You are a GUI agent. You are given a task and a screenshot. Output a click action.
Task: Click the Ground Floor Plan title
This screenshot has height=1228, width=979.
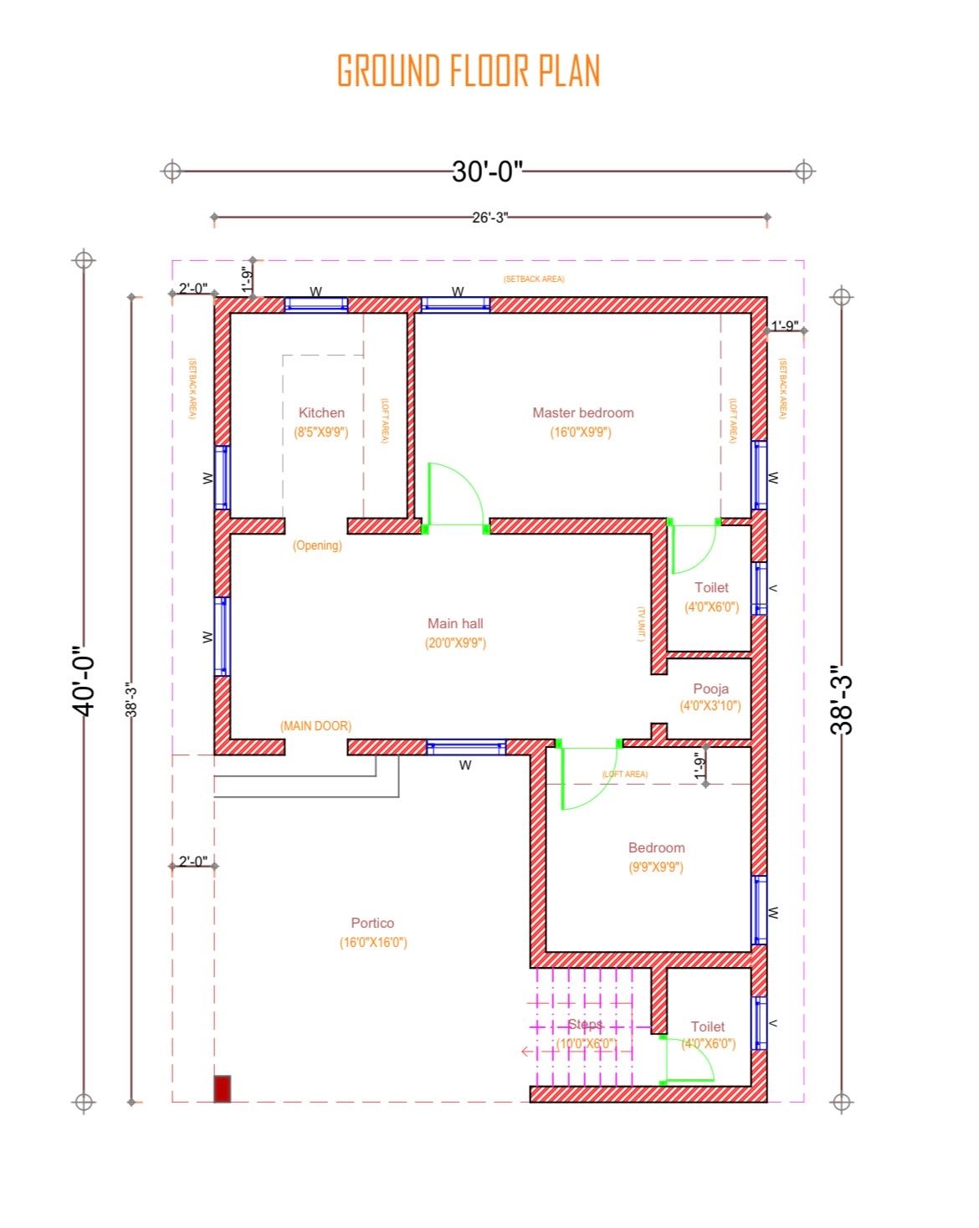coord(468,70)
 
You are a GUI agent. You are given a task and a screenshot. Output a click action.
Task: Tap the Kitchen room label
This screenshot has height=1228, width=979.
coord(321,412)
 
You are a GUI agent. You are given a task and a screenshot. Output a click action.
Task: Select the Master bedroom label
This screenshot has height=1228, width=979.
coord(583,412)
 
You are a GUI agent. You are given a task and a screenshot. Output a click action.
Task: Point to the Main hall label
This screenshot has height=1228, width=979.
coord(455,623)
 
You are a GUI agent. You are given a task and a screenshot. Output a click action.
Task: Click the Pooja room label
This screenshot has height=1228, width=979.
coord(710,688)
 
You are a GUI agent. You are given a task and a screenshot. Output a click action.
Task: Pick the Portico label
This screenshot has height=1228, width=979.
coord(372,923)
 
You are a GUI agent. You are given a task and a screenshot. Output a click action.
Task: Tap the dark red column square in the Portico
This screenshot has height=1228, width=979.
coord(222,1089)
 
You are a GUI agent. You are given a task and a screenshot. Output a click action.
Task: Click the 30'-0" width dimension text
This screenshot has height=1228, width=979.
coord(487,171)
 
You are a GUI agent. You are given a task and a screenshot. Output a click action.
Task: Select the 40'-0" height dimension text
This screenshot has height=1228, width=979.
coord(84,681)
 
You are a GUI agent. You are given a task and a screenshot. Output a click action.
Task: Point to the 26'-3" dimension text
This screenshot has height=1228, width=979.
coord(489,217)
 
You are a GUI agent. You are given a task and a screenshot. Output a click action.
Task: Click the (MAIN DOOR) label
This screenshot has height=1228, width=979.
coord(315,726)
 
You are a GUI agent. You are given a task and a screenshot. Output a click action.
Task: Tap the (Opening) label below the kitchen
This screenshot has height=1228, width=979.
coord(317,545)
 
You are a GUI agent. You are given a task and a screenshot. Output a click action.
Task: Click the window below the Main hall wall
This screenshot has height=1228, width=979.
coord(466,747)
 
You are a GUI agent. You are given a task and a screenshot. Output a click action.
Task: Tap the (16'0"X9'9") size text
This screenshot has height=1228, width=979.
coord(581,432)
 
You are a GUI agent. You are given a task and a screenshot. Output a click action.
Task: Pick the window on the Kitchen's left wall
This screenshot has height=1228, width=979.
coord(222,477)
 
